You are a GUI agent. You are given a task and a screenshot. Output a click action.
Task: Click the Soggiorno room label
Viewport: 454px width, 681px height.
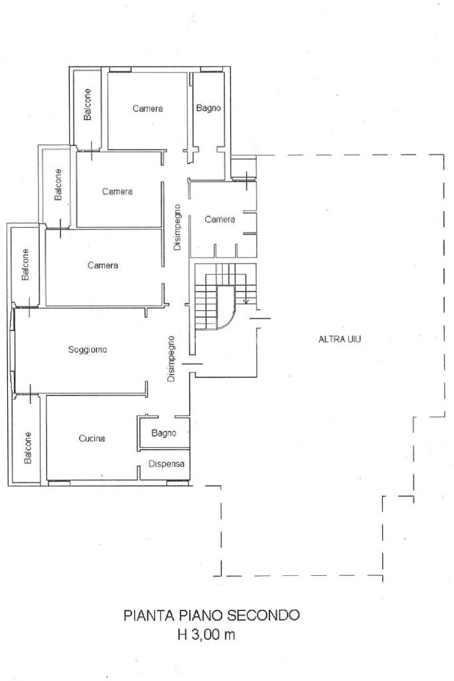pos(88,349)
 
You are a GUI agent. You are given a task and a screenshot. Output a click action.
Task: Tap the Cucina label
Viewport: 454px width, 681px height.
pos(92,439)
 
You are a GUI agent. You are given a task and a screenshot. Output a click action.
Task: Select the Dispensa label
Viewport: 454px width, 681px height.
pos(166,464)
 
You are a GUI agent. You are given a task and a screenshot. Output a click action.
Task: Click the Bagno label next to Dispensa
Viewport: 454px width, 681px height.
pos(164,433)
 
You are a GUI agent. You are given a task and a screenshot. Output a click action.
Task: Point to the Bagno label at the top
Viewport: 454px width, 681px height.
pos(209,108)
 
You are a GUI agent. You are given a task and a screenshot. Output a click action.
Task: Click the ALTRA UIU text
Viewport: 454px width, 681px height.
pos(340,340)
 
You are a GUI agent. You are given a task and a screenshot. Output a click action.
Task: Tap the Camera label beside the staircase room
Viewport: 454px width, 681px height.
pos(220,219)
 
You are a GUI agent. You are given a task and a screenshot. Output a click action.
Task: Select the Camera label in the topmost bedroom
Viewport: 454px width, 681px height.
pos(148,109)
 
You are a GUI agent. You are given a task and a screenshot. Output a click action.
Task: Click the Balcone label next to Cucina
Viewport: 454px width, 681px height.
pos(28,448)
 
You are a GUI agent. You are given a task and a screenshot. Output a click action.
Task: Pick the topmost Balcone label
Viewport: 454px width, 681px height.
pos(88,105)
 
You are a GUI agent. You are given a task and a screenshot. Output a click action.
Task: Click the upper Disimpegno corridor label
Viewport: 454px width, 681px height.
pos(177,227)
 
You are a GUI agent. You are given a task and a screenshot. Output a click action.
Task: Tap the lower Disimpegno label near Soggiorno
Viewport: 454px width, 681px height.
pos(171,359)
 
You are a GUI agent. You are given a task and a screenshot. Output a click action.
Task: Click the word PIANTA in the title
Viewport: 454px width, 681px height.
pos(148,615)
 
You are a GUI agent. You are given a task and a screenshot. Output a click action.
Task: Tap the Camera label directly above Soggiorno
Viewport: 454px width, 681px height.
pos(103,266)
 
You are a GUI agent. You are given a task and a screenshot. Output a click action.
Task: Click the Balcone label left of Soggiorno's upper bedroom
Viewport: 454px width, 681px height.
pos(25,264)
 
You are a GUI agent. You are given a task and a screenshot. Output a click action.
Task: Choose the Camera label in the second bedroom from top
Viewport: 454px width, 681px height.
pos(118,192)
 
